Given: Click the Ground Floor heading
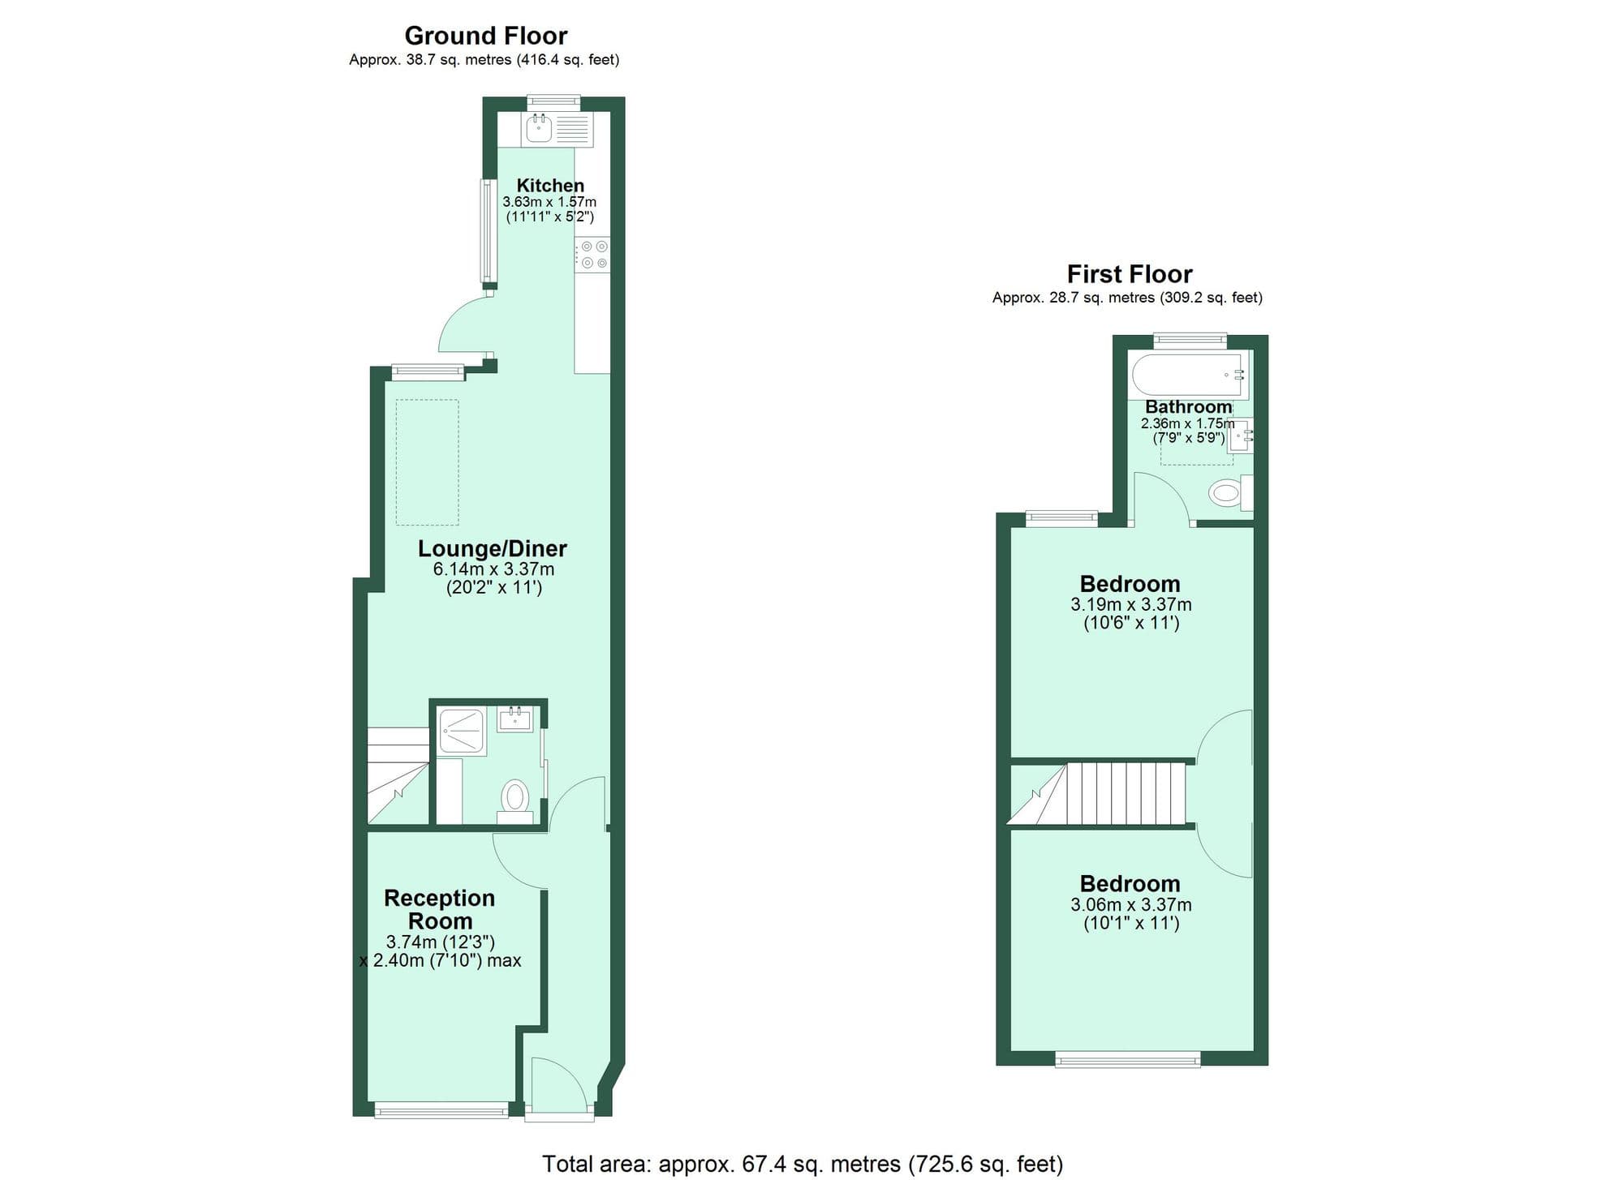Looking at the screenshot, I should tap(485, 36).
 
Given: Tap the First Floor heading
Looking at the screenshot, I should tap(1129, 274).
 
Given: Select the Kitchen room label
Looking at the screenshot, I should tap(550, 186).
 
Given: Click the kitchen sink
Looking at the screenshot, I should tap(540, 128).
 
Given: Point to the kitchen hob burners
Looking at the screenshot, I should tap(593, 254).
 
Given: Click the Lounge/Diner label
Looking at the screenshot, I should tap(492, 548).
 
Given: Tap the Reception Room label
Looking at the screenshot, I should tap(439, 909).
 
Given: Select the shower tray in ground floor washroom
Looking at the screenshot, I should tap(461, 731).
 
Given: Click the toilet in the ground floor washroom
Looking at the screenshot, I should tap(514, 796).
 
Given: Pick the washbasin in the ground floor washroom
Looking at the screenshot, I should tap(514, 719).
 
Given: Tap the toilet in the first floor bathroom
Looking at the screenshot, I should tap(1227, 492).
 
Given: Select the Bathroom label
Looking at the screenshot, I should tap(1188, 407).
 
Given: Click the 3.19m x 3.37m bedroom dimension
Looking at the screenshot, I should tap(1130, 604).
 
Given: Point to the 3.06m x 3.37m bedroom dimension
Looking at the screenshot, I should tap(1130, 904).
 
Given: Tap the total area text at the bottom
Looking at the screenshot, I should tap(802, 1164).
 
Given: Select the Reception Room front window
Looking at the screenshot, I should tap(441, 1109).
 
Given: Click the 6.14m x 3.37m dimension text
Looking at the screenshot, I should tap(493, 569).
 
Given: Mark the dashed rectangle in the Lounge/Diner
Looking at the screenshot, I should tap(427, 462).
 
